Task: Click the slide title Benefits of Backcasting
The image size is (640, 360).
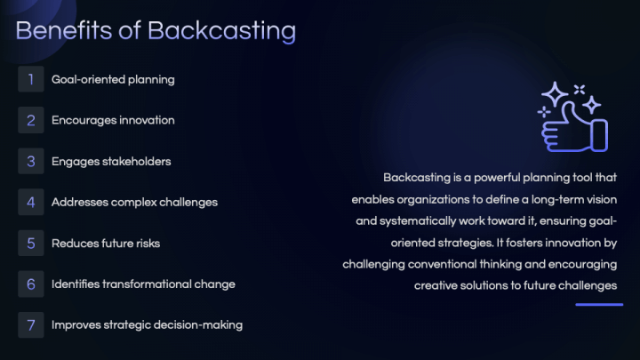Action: click(156, 30)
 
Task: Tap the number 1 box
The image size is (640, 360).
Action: click(30, 79)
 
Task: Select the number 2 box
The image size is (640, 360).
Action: click(30, 120)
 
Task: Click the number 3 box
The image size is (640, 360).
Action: click(30, 161)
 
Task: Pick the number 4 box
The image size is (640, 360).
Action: click(30, 202)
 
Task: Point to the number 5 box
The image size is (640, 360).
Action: click(30, 243)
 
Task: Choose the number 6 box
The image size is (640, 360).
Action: click(30, 284)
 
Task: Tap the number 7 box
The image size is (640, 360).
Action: click(30, 324)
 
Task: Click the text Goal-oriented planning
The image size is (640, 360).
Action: click(113, 79)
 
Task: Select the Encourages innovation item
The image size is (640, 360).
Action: click(113, 120)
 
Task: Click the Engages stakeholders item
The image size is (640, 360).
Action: click(111, 161)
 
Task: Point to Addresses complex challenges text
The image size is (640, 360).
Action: click(134, 202)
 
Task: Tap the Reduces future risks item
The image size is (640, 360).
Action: click(106, 243)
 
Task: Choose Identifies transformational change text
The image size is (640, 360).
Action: click(143, 284)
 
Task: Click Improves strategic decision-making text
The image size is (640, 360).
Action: click(147, 324)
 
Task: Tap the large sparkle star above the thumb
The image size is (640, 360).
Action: click(556, 95)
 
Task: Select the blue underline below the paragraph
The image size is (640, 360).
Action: click(599, 305)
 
